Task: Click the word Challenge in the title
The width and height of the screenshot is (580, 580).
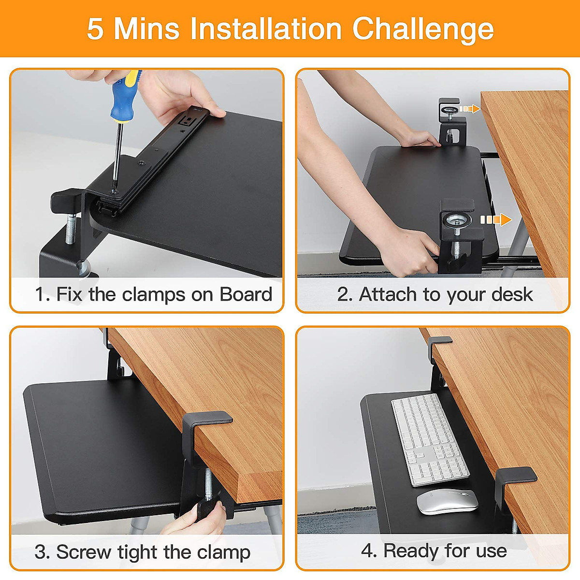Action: [x=423, y=29]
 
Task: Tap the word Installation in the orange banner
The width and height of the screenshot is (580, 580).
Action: [x=266, y=29]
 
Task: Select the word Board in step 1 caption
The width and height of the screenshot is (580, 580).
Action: [x=246, y=294]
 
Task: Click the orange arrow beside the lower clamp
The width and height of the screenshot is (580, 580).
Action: [x=496, y=219]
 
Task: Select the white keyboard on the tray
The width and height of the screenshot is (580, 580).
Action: [x=430, y=440]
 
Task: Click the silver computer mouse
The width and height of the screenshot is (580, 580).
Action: [x=447, y=501]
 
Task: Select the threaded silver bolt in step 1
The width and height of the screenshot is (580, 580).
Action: [x=70, y=229]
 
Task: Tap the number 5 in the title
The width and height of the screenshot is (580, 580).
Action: [x=95, y=29]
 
